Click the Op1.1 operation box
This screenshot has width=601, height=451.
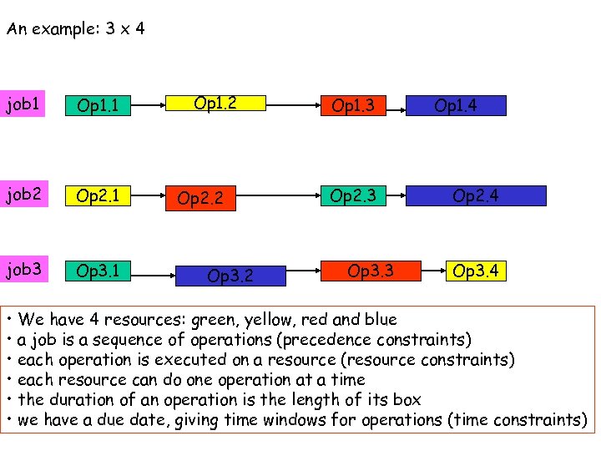tap(98, 106)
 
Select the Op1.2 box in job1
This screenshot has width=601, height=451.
tap(215, 104)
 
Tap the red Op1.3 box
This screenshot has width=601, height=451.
tap(353, 106)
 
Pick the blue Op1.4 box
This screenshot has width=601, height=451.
tap(456, 106)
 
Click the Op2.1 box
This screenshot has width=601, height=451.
tap(98, 196)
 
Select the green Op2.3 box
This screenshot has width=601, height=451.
tap(353, 195)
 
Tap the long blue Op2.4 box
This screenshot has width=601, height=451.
tap(475, 195)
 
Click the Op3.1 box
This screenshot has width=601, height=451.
tap(98, 271)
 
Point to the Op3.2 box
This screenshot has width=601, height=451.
tap(230, 274)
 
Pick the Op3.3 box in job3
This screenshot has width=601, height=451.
tap(370, 271)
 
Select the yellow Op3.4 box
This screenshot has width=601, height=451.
tap(475, 271)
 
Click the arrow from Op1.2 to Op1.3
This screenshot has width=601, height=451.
tap(289, 106)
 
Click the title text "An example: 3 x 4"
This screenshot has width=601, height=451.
tap(75, 29)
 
